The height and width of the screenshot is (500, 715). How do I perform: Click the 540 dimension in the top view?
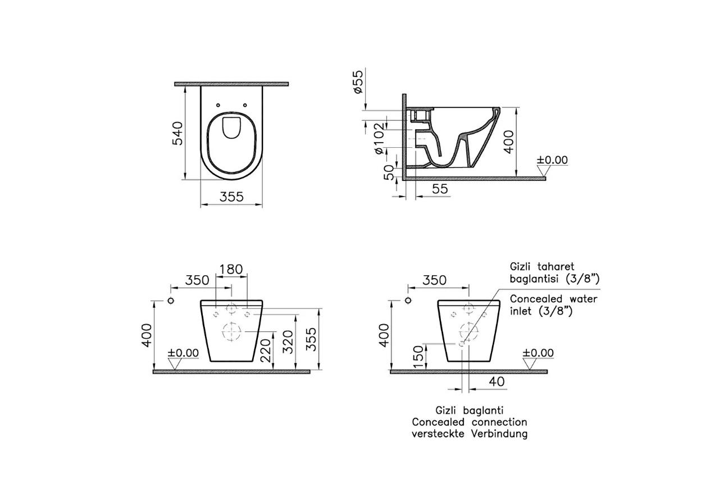[178, 133]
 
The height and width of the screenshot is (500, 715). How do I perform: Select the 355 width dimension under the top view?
[231, 197]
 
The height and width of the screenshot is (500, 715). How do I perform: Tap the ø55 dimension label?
[358, 81]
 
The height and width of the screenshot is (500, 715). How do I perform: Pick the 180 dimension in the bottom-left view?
[231, 269]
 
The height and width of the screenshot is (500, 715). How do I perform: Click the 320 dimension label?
[288, 342]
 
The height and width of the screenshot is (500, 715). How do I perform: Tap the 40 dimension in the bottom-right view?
[497, 381]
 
